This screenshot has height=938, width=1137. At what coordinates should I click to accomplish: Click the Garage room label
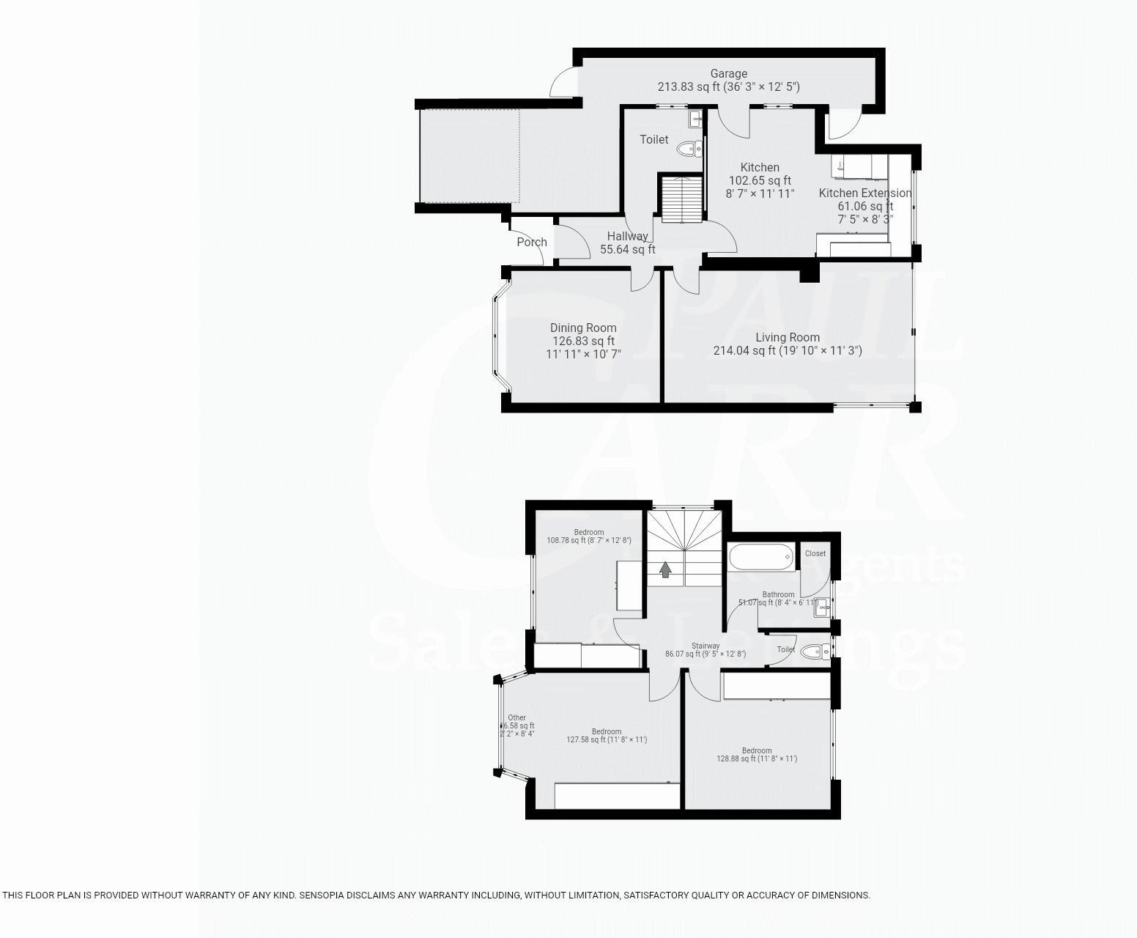(728, 73)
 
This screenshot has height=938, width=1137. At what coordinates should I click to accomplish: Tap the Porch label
(532, 242)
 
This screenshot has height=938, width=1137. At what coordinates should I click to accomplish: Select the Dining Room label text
(583, 328)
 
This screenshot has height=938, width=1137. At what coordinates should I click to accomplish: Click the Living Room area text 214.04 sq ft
(744, 351)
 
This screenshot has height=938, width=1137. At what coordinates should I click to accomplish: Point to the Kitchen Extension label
(864, 193)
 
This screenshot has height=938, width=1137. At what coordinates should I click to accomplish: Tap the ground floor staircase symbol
(681, 199)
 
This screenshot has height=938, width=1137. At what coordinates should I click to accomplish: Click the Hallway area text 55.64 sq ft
(627, 250)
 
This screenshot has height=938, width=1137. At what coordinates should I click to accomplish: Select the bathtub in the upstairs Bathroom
(761, 557)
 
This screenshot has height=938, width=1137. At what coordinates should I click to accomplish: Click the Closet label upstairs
(815, 553)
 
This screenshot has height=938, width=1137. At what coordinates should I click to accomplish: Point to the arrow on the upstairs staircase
(665, 569)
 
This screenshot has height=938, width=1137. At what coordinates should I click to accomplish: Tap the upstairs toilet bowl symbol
(812, 651)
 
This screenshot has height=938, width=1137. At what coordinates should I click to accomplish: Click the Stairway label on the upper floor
(705, 646)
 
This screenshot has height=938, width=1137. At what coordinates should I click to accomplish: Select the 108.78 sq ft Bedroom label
(588, 533)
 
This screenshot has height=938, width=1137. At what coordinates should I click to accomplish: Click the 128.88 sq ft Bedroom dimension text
(757, 759)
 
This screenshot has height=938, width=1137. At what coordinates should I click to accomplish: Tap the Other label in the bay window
(516, 718)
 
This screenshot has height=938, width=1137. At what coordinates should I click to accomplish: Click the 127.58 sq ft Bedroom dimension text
(607, 740)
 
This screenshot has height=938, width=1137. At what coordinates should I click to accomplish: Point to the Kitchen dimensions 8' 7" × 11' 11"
(759, 194)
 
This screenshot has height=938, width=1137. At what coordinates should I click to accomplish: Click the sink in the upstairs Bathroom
(823, 606)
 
